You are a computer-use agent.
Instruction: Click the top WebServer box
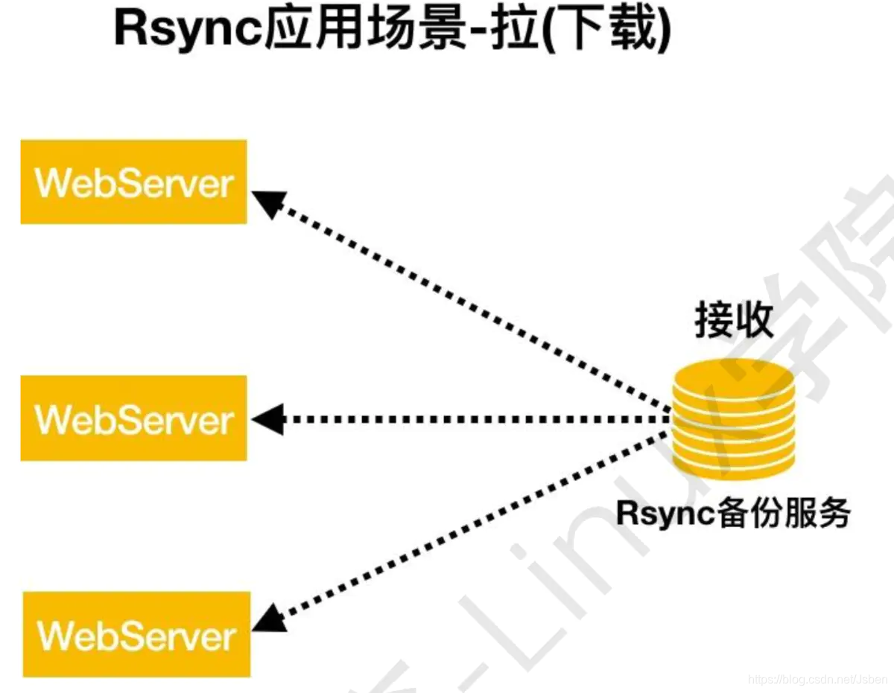(133, 182)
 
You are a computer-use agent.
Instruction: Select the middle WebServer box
(133, 418)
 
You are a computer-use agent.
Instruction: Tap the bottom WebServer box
(136, 635)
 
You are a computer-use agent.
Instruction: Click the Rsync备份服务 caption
(733, 514)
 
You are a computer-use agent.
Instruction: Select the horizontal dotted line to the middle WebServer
(469, 419)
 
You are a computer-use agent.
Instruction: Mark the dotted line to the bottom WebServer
(469, 521)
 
